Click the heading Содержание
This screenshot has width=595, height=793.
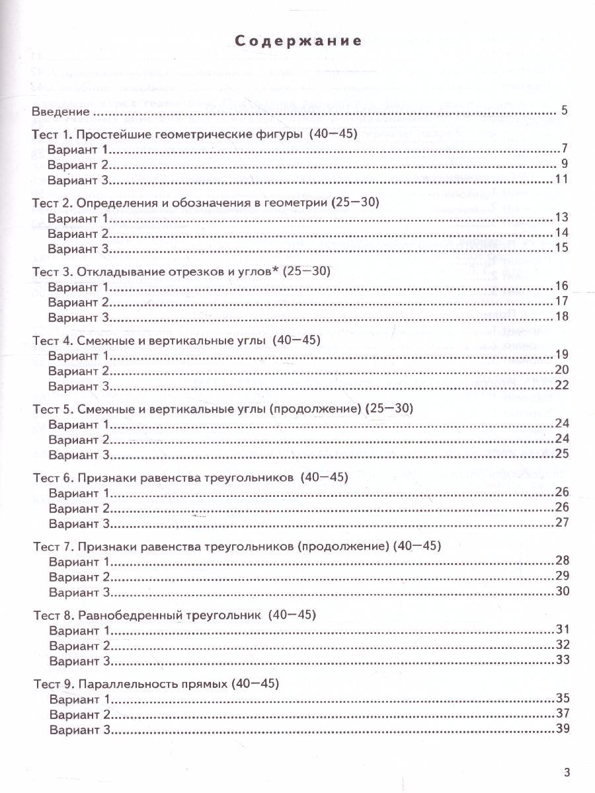298,41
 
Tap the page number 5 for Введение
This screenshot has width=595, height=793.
563,110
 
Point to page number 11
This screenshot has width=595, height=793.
562,180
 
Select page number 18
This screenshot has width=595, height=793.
562,317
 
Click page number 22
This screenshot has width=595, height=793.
562,386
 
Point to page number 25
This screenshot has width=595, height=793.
562,455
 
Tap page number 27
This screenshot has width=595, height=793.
562,523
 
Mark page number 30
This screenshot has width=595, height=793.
562,591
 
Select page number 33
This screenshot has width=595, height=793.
562,660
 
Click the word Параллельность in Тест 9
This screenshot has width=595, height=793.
118,684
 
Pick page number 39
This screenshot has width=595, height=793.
562,729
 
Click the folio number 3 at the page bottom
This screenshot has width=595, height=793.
565,771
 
